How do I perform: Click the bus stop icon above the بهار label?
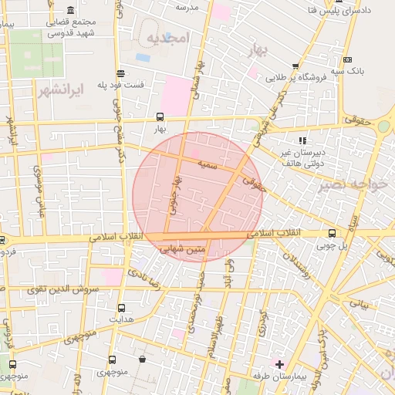click(160, 118)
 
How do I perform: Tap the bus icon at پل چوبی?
click(332, 233)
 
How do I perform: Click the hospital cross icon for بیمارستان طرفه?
click(279, 363)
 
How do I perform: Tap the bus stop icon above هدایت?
click(121, 306)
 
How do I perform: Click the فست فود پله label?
click(123, 84)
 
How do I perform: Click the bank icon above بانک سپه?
click(348, 59)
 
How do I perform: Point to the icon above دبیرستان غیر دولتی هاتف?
click(302, 140)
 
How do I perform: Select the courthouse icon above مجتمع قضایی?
click(71, 10)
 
